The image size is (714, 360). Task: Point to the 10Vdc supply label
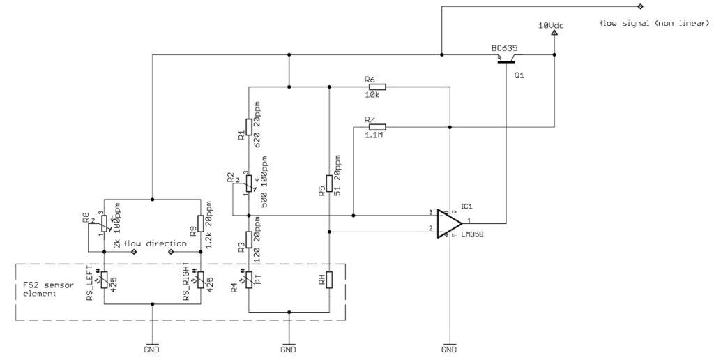551,25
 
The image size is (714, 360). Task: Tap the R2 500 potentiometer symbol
249,182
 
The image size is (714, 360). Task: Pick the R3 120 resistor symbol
249,241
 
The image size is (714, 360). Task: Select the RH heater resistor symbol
328,280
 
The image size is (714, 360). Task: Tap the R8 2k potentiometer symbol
104,223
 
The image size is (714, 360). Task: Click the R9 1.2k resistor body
201,223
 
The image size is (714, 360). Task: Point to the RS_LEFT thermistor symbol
104,280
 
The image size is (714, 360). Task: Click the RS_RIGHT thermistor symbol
201,280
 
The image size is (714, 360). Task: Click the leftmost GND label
152,348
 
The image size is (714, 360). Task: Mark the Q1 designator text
519,75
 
